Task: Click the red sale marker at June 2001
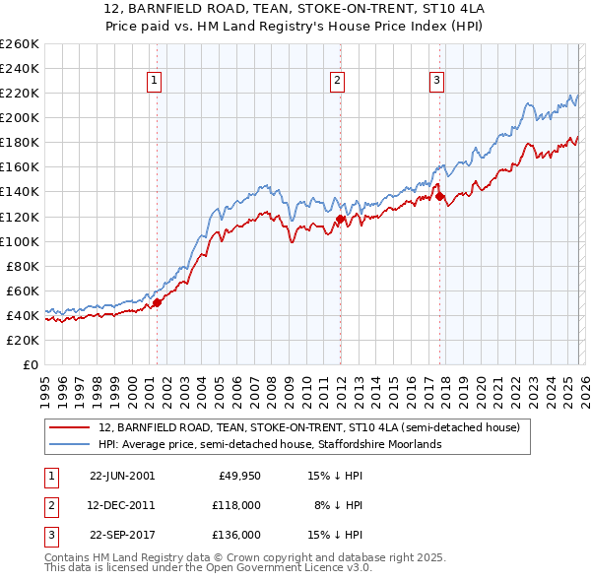coord(157,302)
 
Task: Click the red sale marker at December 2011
coord(340,219)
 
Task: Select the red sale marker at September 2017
coord(439,196)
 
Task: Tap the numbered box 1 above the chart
coord(156,82)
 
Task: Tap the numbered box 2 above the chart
coord(338,82)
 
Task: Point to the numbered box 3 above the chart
coord(436,82)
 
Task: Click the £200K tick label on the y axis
coord(20,117)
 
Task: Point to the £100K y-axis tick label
coord(20,241)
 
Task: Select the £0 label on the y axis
coord(31,364)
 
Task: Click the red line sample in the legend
coord(69,427)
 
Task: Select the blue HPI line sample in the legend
coord(69,444)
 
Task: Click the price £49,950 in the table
coord(237,475)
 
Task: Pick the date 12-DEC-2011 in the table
coord(122,504)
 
